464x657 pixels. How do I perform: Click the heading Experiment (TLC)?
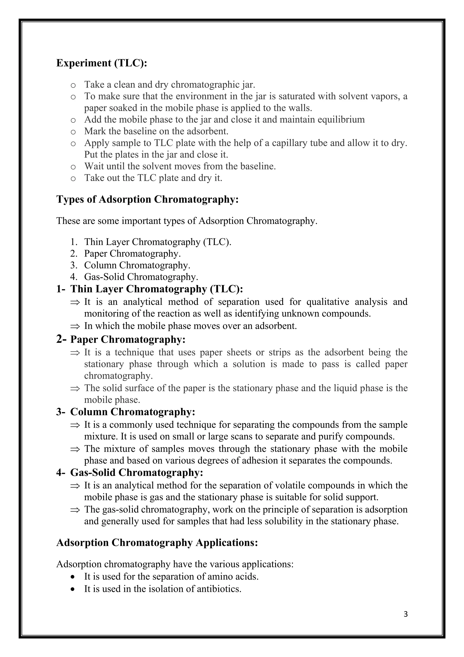coord(102,63)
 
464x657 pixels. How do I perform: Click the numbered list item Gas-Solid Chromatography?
coord(141,277)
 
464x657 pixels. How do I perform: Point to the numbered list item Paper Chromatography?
coord(132,254)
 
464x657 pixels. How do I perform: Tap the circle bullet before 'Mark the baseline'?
coord(73,132)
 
